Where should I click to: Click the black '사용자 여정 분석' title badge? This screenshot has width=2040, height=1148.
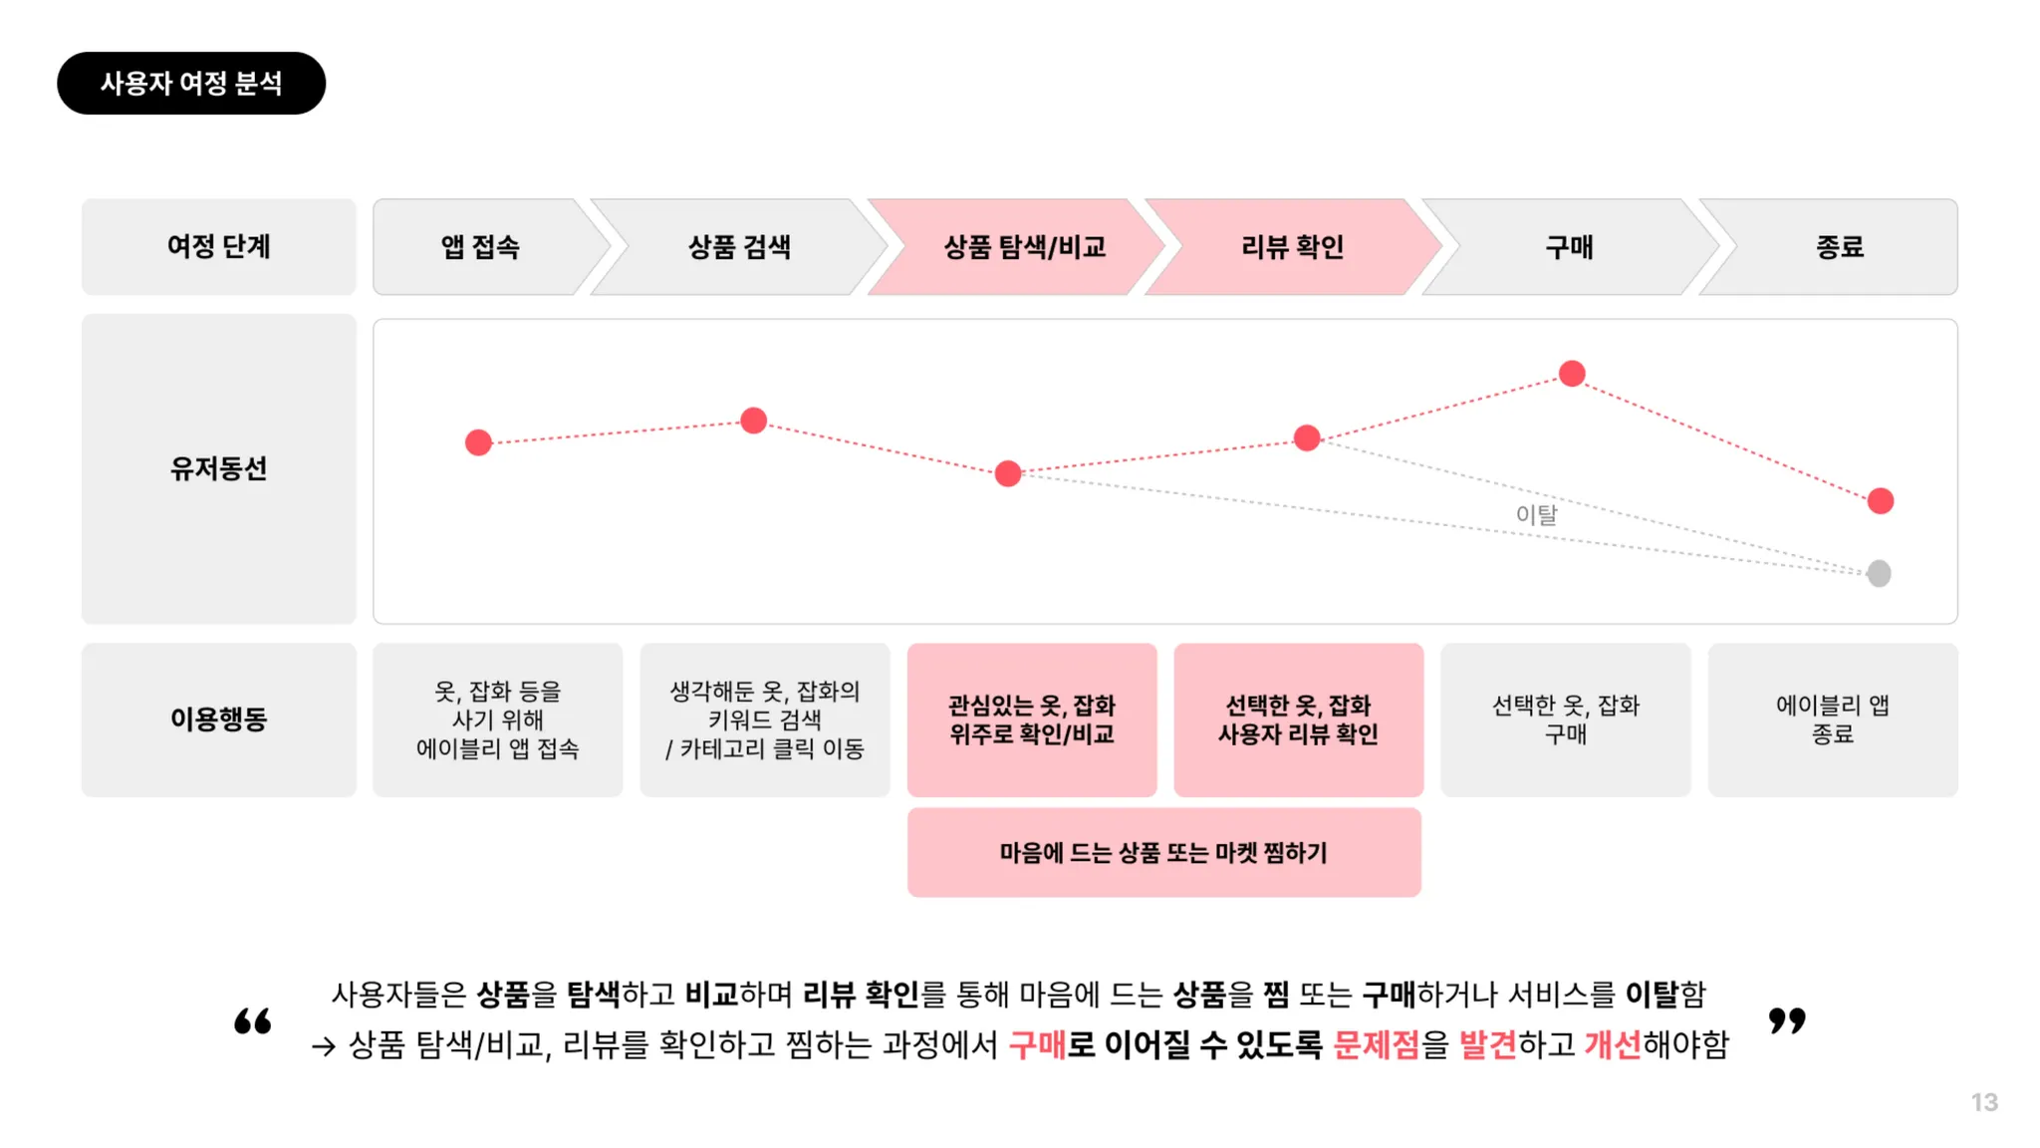click(191, 83)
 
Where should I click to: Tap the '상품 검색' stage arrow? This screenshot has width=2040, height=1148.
click(739, 247)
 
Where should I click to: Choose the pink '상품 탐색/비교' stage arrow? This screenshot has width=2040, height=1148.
click(1024, 247)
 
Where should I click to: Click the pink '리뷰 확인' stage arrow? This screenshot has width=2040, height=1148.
click(1293, 247)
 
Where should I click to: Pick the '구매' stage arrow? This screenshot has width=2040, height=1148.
click(1569, 247)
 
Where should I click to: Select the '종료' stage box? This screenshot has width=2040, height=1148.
click(1839, 247)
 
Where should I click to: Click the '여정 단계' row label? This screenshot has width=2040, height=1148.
click(219, 247)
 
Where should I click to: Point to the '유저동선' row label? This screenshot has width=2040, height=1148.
click(219, 468)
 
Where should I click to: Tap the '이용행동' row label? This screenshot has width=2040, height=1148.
click(219, 718)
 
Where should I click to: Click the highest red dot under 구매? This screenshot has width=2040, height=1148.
click(1572, 374)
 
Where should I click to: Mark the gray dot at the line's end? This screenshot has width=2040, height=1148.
click(1879, 573)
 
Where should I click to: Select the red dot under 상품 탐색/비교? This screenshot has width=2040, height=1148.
click(1008, 473)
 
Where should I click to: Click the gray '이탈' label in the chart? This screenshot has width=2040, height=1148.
click(1536, 514)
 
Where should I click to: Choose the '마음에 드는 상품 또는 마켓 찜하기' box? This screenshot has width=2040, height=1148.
click(1163, 852)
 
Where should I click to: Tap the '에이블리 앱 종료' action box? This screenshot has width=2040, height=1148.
click(1833, 719)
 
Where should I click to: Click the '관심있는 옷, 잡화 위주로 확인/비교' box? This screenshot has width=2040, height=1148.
click(1032, 719)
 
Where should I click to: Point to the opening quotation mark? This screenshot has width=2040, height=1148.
click(253, 1020)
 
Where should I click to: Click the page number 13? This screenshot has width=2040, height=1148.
click(1984, 1102)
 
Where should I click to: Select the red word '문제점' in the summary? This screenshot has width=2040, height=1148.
click(1376, 1044)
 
